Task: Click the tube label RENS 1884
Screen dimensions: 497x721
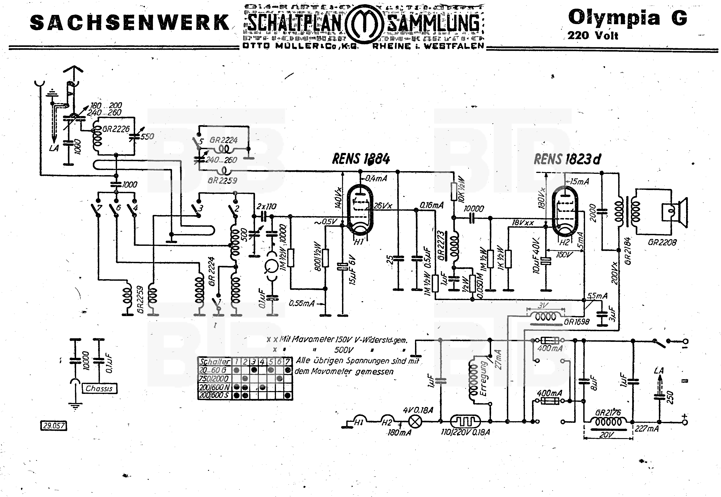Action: point(361,159)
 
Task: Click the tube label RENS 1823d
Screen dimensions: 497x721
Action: point(567,159)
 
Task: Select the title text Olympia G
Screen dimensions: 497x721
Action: point(627,18)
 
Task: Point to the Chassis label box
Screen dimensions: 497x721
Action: point(99,388)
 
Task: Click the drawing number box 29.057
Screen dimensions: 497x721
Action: point(54,426)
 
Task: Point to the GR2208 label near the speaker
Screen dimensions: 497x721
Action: point(662,242)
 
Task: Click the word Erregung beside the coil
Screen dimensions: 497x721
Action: point(484,378)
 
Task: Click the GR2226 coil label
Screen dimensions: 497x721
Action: point(116,129)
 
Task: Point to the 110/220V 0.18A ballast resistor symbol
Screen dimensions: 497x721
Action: point(465,422)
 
